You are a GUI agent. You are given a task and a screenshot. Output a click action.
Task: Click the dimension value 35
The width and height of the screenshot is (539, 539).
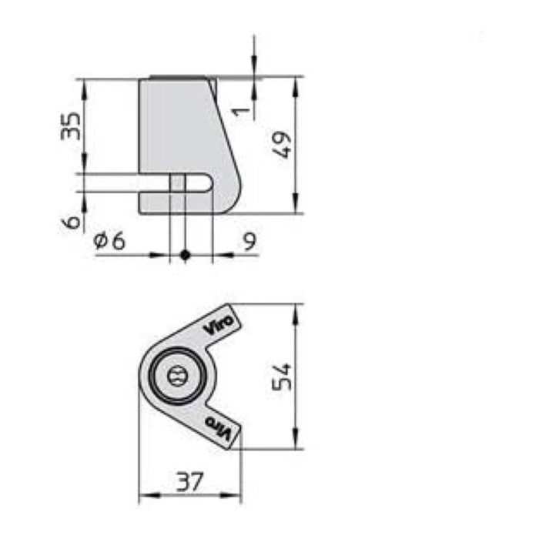tap(70, 125)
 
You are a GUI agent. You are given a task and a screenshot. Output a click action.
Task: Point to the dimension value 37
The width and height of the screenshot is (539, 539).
tap(189, 483)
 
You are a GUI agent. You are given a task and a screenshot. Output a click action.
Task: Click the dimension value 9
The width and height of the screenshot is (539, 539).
tap(249, 241)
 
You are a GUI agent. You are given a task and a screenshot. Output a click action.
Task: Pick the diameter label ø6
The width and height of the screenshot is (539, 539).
tap(109, 241)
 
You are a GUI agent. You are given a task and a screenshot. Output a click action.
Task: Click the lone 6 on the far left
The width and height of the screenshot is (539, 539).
tap(71, 222)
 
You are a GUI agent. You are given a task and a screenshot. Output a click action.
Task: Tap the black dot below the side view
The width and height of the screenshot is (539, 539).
tap(184, 254)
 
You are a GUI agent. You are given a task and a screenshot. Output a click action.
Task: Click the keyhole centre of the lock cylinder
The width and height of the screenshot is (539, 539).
tap(176, 377)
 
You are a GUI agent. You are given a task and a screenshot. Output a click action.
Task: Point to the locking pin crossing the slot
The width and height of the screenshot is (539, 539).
tap(177, 183)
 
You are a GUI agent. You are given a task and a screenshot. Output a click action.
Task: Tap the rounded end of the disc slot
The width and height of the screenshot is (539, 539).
tap(209, 183)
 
